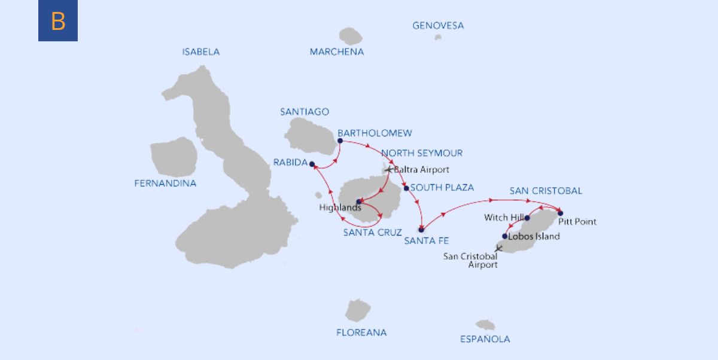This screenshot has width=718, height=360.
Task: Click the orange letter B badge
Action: tap(58, 21)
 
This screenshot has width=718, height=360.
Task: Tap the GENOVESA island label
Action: tap(438, 26)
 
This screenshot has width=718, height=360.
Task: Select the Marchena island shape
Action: tap(351, 36)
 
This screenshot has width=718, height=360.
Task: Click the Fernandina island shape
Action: tap(174, 157)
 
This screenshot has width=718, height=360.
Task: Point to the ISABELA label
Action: tap(200, 52)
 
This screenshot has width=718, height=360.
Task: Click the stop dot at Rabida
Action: tap(312, 164)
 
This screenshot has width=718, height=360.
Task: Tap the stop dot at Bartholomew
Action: tap(339, 141)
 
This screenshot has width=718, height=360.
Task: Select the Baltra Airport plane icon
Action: tap(388, 170)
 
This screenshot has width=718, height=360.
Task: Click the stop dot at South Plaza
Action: tap(406, 188)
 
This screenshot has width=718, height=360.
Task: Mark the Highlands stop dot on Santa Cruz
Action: tap(358, 202)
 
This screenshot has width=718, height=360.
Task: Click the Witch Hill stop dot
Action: tap(527, 218)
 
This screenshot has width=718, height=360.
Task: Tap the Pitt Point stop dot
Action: tap(560, 213)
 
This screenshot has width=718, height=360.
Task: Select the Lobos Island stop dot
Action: tap(505, 236)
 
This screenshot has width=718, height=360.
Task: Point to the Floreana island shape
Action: tap(358, 310)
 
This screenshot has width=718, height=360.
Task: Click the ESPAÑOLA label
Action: tap(485, 339)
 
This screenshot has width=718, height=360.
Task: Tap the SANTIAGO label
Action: tap(305, 112)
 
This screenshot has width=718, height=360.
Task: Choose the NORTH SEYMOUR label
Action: tap(421, 153)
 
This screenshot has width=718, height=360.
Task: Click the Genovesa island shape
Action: tap(438, 37)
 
